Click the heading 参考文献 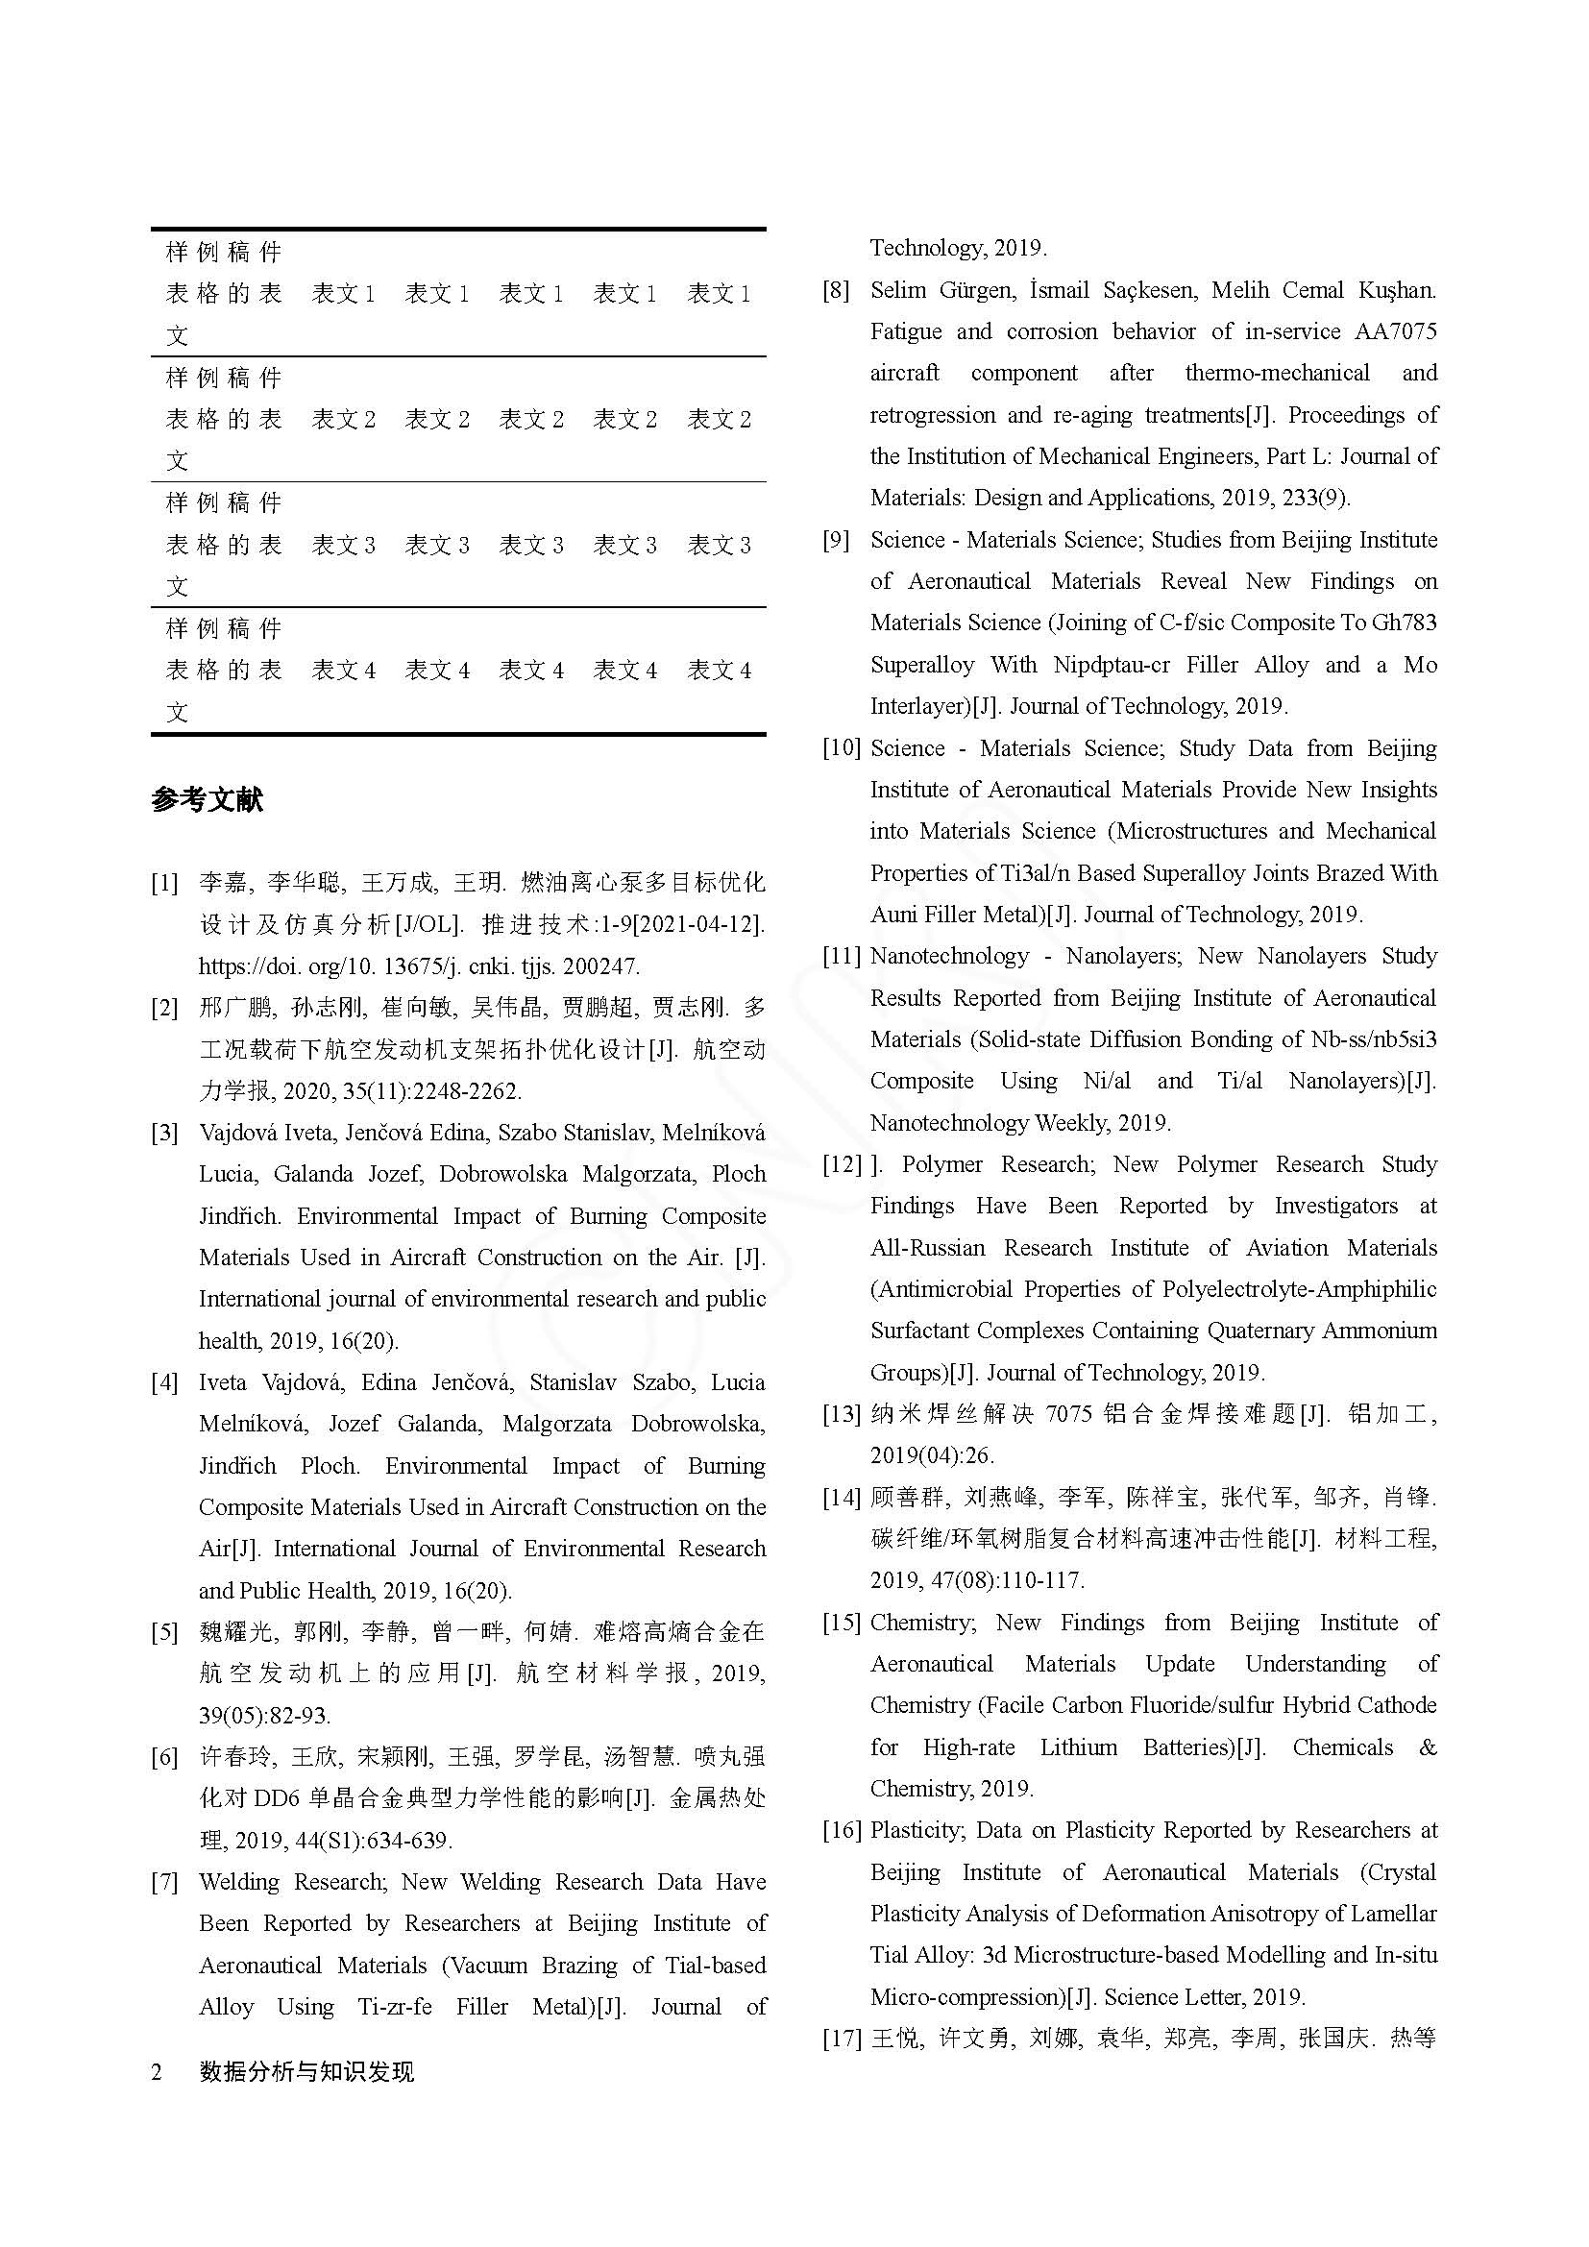(x=207, y=800)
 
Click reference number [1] (x=164, y=884)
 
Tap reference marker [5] (x=164, y=1632)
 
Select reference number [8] (x=836, y=291)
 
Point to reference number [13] (x=841, y=1414)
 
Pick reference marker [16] (x=841, y=1830)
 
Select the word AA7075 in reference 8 (x=1395, y=331)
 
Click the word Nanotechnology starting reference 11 (x=949, y=956)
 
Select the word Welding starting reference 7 (x=239, y=1882)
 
